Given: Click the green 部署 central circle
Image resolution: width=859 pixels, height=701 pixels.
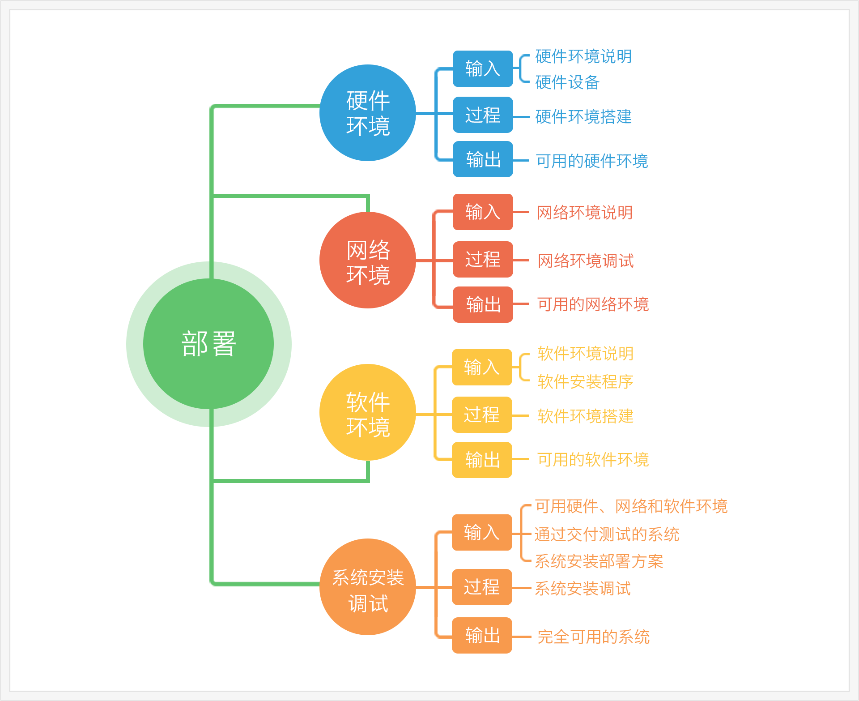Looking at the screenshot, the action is pyautogui.click(x=208, y=344).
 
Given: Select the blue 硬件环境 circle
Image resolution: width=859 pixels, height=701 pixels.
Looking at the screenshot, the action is pyautogui.click(x=368, y=113).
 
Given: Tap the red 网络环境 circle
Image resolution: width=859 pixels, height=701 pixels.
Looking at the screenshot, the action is pyautogui.click(x=368, y=260).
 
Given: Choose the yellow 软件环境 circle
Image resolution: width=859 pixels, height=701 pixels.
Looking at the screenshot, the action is pyautogui.click(x=368, y=412).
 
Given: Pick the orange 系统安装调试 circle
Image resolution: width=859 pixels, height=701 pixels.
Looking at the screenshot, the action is pyautogui.click(x=368, y=587).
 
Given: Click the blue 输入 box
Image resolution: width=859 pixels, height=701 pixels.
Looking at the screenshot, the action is pyautogui.click(x=483, y=68).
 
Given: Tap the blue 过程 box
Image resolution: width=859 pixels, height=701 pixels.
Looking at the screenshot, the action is pyautogui.click(x=483, y=115).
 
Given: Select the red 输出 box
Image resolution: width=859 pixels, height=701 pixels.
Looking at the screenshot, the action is pyautogui.click(x=483, y=304).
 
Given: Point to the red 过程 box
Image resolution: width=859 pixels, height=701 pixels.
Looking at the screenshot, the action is pyautogui.click(x=483, y=259).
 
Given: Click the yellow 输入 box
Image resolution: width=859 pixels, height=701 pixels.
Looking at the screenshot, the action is pyautogui.click(x=482, y=367).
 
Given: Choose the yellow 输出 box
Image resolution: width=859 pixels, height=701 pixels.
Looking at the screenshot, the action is pyautogui.click(x=482, y=460).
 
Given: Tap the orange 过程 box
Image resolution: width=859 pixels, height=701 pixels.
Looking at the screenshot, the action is pyautogui.click(x=482, y=587).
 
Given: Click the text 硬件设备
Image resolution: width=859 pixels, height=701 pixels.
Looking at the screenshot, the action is pyautogui.click(x=567, y=82).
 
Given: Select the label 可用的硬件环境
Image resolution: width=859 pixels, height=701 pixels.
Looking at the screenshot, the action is pyautogui.click(x=592, y=161).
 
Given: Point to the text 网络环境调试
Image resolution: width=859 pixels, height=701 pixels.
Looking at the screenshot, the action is pyautogui.click(x=586, y=261).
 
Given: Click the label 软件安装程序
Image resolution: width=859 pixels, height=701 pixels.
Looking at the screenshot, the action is pyautogui.click(x=585, y=381).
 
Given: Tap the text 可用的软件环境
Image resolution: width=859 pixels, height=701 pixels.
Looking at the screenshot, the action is pyautogui.click(x=593, y=459).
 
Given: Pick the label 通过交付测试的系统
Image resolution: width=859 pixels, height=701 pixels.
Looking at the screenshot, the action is pyautogui.click(x=607, y=534).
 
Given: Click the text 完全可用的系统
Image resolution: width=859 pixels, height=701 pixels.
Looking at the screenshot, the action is pyautogui.click(x=593, y=637).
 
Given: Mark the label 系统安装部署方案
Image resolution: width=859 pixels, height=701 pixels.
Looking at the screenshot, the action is pyautogui.click(x=599, y=561).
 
